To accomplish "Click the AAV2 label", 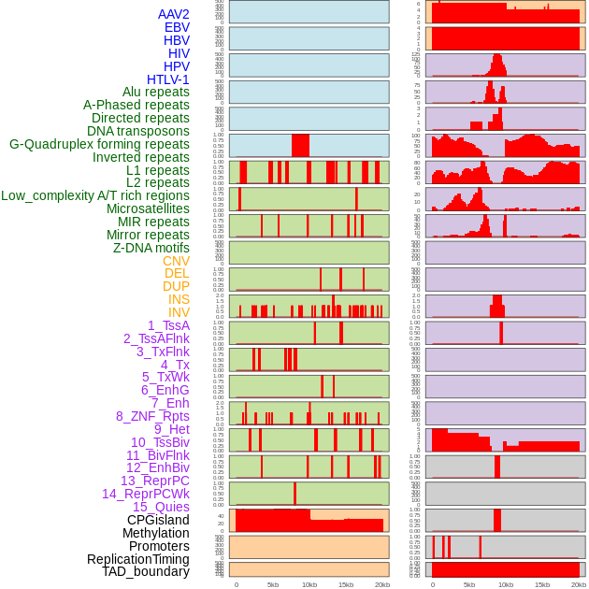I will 173,14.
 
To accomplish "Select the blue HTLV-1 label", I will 167,79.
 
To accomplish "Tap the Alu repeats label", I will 156,92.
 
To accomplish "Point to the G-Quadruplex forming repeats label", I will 99,144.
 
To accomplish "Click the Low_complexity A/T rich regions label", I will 95,195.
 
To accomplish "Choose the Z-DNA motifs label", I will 151,248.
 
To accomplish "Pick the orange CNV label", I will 176,261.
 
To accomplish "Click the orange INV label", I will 179,312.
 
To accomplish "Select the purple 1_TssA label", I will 168,325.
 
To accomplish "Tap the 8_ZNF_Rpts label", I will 152,416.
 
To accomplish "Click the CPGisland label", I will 158,520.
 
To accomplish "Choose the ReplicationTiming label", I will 137,559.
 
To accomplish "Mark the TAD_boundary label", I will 146,571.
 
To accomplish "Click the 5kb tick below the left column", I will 273,584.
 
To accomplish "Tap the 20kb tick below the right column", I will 579,584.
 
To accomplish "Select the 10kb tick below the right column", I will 506,584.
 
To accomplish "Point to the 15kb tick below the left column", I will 346,584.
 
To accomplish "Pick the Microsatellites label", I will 148,208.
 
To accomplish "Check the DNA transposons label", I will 138,131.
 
